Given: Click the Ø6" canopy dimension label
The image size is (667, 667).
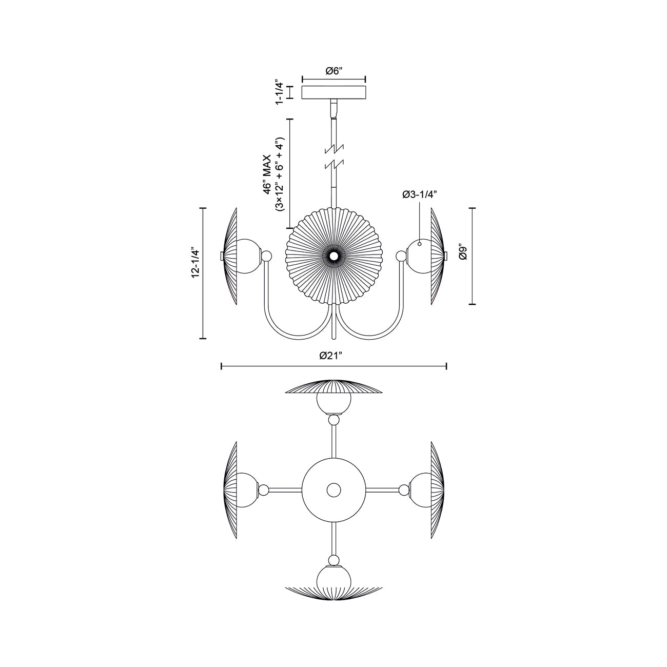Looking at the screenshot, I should [x=333, y=71].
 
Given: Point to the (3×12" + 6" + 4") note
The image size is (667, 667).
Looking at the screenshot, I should [x=279, y=174].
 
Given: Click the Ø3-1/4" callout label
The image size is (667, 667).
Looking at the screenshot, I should [x=420, y=194].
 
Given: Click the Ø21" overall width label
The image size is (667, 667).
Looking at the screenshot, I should [x=333, y=356].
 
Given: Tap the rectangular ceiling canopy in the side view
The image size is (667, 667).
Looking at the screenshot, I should [x=333, y=93].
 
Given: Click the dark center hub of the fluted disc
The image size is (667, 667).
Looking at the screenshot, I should [x=334, y=256].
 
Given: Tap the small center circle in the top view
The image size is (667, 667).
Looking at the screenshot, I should [x=334, y=490].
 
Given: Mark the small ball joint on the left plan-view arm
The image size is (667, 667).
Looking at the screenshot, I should [x=264, y=490].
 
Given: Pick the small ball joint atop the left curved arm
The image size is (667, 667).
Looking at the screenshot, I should [x=266, y=256].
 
